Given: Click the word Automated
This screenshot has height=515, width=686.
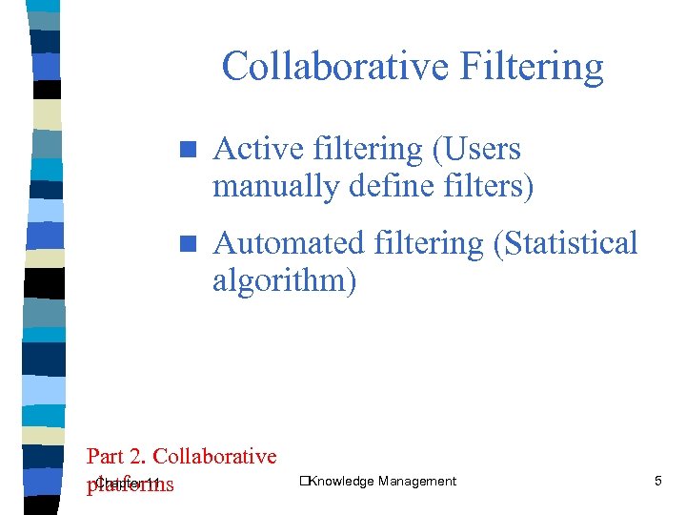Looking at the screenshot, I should pyautogui.click(x=282, y=243).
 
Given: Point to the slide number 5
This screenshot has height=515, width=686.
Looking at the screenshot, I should pyautogui.click(x=657, y=481).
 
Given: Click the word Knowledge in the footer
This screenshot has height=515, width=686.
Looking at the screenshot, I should pyautogui.click(x=341, y=481).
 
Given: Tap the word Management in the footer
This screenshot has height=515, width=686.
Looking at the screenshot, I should pyautogui.click(x=416, y=481).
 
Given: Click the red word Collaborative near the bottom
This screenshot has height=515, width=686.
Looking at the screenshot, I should pyautogui.click(x=214, y=457).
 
